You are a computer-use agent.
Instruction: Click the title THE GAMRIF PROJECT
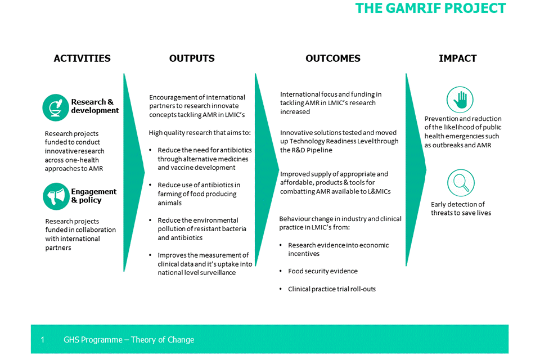pos(430,8)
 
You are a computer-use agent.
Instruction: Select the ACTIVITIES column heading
pos(82,58)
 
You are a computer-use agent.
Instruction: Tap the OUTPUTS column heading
pos(192,58)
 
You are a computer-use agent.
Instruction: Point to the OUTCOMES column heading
pos(333,58)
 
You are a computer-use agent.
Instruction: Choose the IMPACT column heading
pos(458,58)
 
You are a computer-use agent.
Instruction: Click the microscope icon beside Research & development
pos(56,107)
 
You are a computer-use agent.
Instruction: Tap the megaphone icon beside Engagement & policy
pos(56,196)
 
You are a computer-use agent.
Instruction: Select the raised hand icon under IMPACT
pos(460,100)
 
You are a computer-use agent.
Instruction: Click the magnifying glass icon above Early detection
pos(460,183)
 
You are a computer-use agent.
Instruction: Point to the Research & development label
pos(94,106)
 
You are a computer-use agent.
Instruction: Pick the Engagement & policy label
pos(93,196)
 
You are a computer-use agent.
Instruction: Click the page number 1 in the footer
pos(43,340)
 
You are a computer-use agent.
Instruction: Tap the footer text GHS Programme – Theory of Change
pos(129,340)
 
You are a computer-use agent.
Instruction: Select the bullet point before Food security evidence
pos(281,272)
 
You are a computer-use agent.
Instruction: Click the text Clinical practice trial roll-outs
pos(332,289)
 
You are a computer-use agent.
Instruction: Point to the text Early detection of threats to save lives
pos(461,209)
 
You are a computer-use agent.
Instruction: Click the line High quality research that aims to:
pos(200,133)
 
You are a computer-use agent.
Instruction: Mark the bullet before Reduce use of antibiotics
pos(151,186)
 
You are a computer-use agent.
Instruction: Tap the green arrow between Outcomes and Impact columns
pos(415,169)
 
